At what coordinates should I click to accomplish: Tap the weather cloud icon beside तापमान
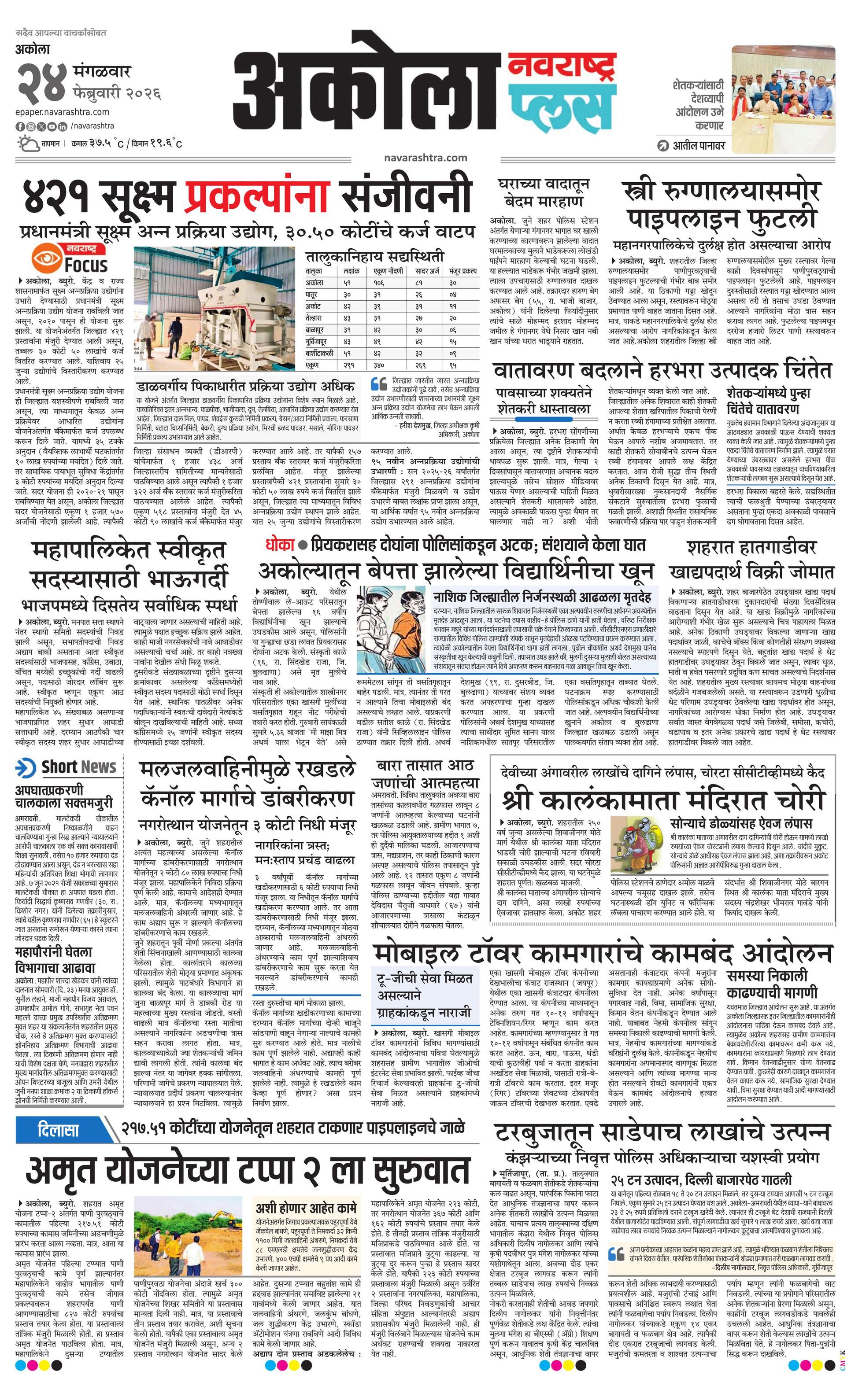tap(27, 143)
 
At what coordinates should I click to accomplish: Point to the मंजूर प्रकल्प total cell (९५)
tap(452, 366)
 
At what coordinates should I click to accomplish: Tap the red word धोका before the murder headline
tap(280, 546)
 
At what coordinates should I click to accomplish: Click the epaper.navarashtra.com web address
tap(63, 112)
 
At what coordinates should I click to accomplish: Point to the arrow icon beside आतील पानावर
tap(662, 146)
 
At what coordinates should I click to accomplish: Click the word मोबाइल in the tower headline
tap(416, 954)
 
